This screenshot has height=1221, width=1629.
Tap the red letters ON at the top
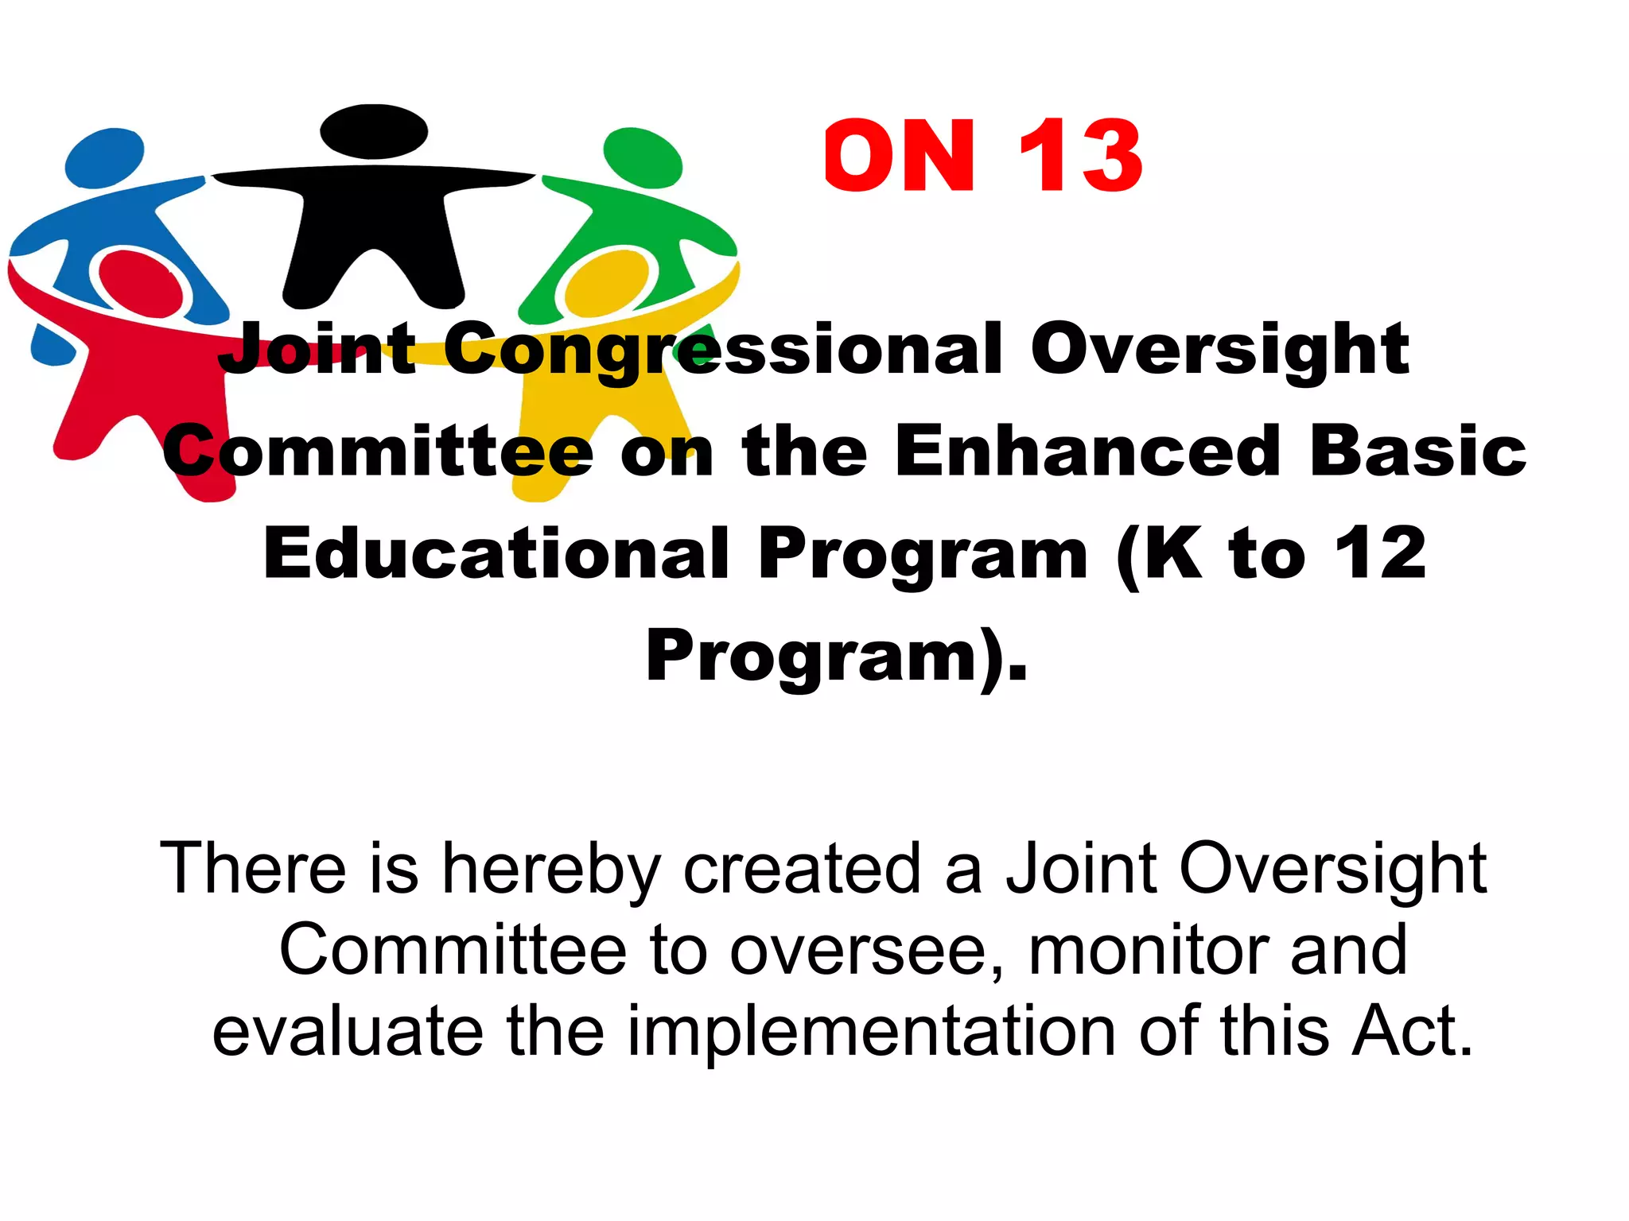tap(900, 156)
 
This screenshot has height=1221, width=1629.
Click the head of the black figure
tap(374, 132)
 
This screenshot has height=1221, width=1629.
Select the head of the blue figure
tap(104, 157)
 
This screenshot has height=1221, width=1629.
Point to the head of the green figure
tap(643, 157)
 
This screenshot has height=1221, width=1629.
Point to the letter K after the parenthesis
tap(1173, 553)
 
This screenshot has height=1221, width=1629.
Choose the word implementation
tap(872, 1031)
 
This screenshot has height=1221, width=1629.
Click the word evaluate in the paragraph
tap(348, 1031)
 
